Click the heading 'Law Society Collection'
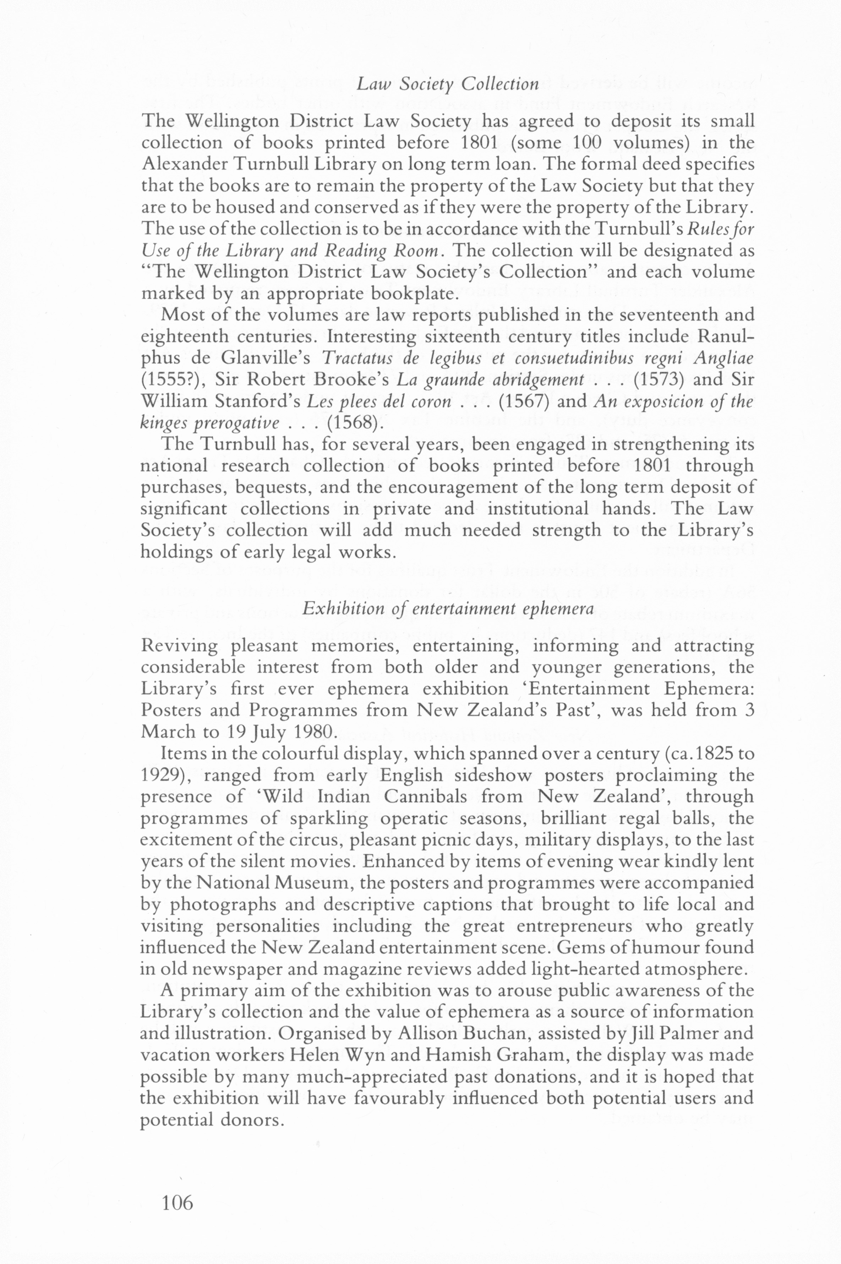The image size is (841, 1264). coord(448,84)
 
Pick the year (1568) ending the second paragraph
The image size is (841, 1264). coord(355,423)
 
